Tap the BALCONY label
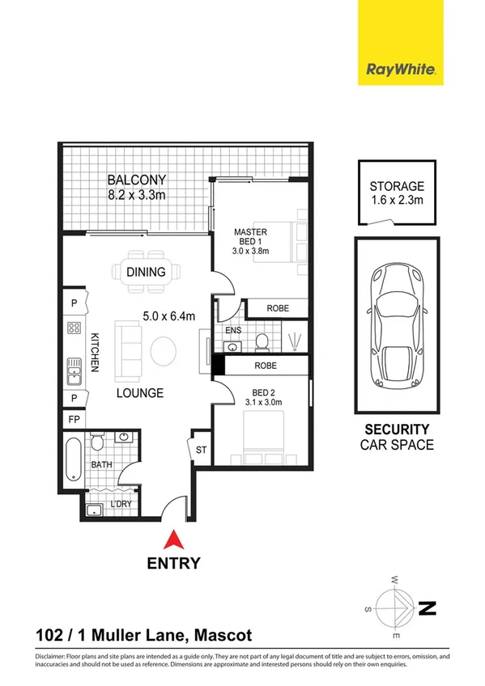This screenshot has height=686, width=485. [138, 180]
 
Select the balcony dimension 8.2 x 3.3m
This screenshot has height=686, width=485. [138, 194]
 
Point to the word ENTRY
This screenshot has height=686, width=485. [172, 563]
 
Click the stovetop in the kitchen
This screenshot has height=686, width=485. [74, 328]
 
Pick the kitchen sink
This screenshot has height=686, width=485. [74, 371]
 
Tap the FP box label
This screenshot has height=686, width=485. [73, 421]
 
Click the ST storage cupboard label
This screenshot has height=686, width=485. [201, 450]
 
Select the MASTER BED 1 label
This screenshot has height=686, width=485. [250, 236]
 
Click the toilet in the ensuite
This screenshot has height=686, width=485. [262, 344]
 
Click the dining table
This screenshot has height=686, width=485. [145, 273]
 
